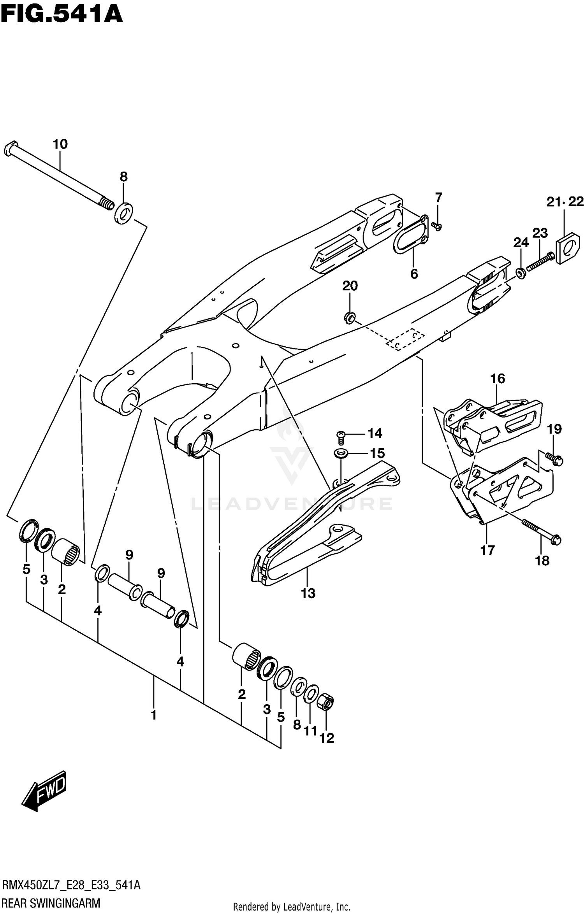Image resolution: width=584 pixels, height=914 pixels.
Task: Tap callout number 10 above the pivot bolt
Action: pyautogui.click(x=60, y=144)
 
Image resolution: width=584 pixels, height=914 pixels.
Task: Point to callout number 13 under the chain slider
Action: pyautogui.click(x=308, y=593)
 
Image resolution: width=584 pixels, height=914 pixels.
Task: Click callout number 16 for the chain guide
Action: pyautogui.click(x=498, y=378)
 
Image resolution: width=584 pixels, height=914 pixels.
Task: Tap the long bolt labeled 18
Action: pyautogui.click(x=541, y=530)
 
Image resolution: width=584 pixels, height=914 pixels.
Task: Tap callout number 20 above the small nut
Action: pyautogui.click(x=350, y=286)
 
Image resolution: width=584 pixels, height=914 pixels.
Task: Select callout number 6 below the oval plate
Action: pyautogui.click(x=414, y=274)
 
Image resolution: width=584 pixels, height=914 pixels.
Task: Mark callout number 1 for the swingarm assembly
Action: pyautogui.click(x=153, y=715)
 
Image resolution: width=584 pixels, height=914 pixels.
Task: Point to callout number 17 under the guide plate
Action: pyautogui.click(x=487, y=550)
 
